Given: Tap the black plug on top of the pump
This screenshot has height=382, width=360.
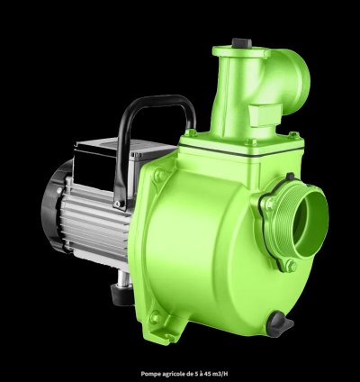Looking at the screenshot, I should [x=238, y=42].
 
